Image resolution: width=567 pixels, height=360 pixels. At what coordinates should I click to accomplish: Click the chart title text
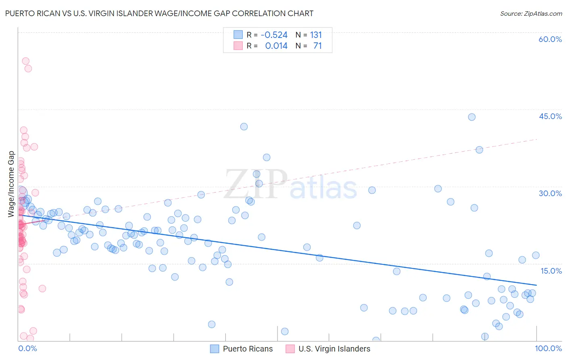point(159,13)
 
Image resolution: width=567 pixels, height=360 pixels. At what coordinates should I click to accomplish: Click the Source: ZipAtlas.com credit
point(531,14)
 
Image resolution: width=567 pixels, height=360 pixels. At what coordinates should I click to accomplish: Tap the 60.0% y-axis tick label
point(550,39)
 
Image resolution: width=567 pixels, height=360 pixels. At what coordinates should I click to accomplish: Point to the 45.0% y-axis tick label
point(550,116)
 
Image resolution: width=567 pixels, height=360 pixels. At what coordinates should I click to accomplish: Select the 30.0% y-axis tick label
point(550,193)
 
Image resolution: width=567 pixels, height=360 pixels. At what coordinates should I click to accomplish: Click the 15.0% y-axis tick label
point(551,271)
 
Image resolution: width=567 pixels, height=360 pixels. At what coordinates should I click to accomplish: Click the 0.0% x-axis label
point(27,348)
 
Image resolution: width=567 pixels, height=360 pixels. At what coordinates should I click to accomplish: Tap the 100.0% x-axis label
point(548,348)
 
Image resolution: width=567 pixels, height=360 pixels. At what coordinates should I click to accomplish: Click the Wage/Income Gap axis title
point(11,184)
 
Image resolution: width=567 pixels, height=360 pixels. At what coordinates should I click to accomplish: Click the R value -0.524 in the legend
point(274,35)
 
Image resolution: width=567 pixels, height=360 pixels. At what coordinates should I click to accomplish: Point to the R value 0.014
point(276,46)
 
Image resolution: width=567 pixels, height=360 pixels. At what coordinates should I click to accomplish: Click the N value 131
point(316,35)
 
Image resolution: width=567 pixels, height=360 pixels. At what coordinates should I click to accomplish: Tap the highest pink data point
point(25,61)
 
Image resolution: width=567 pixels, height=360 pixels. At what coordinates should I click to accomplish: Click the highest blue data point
point(471,117)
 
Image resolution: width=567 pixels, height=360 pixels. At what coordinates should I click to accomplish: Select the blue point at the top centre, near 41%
point(244,127)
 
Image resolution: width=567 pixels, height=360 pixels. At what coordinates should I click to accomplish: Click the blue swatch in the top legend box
point(238,35)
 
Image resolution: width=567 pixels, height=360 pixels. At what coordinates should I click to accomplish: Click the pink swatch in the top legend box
point(238,46)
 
